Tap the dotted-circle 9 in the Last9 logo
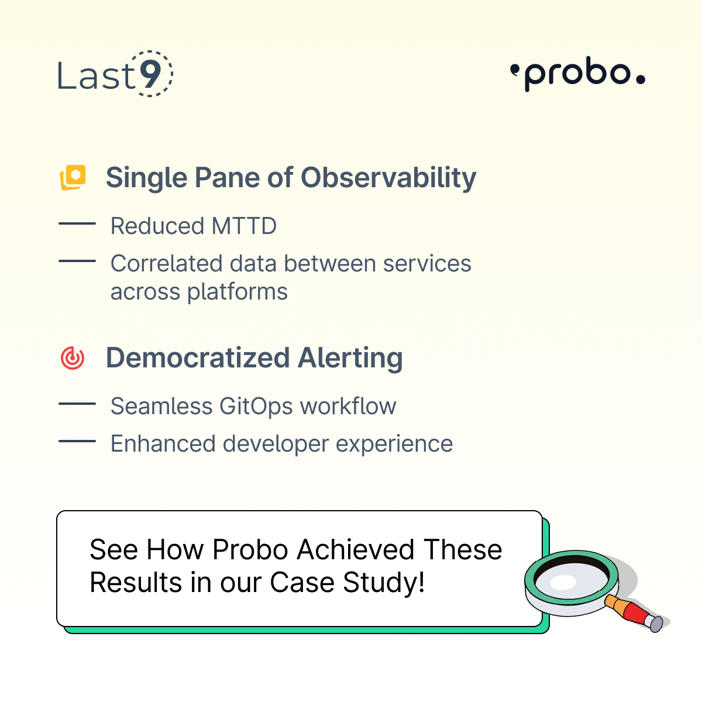pyautogui.click(x=150, y=74)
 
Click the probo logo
pyautogui.click(x=577, y=74)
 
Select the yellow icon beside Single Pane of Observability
pyautogui.click(x=73, y=177)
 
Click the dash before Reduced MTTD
pyautogui.click(x=77, y=223)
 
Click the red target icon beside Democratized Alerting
pyautogui.click(x=73, y=358)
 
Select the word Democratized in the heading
pyautogui.click(x=198, y=358)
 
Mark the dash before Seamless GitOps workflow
pyautogui.click(x=77, y=404)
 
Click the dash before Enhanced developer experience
pyautogui.click(x=77, y=441)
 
